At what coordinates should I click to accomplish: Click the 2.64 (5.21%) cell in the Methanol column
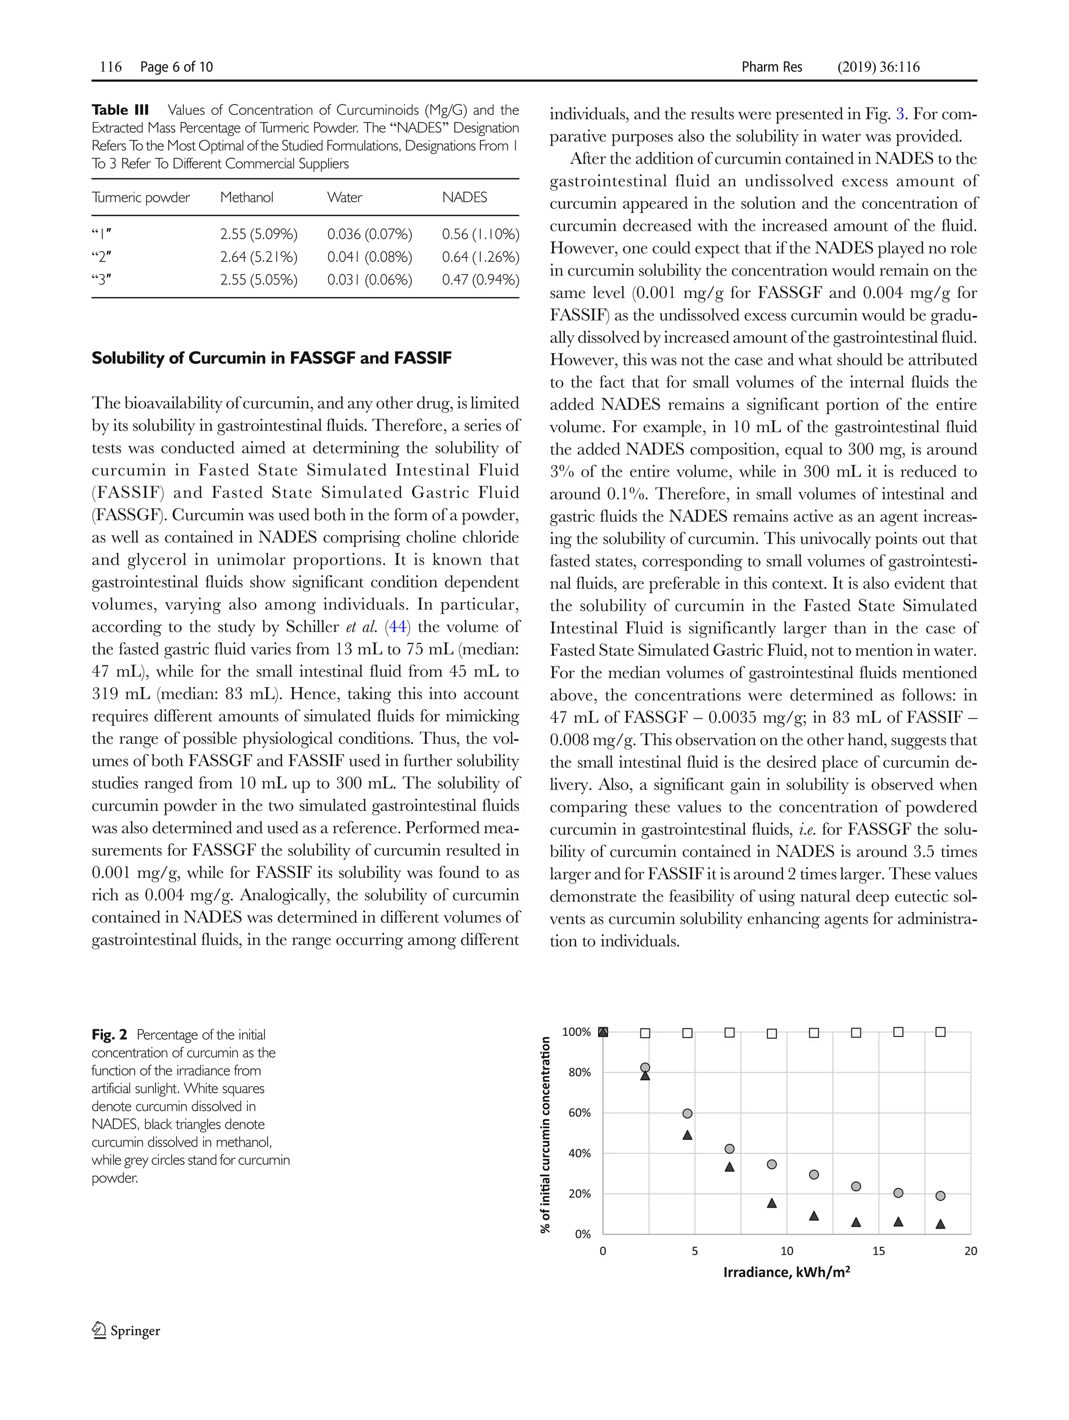click(259, 257)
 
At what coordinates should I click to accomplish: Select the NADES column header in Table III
click(464, 197)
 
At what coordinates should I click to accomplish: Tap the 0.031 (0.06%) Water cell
click(369, 280)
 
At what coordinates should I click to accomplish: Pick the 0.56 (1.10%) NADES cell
click(480, 234)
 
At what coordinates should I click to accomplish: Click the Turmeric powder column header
click(140, 197)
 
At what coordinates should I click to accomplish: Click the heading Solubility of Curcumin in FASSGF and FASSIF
click(271, 357)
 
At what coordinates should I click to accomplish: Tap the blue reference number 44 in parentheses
click(398, 627)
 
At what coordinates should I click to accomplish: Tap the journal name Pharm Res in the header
click(771, 67)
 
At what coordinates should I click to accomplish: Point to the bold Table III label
click(120, 110)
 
